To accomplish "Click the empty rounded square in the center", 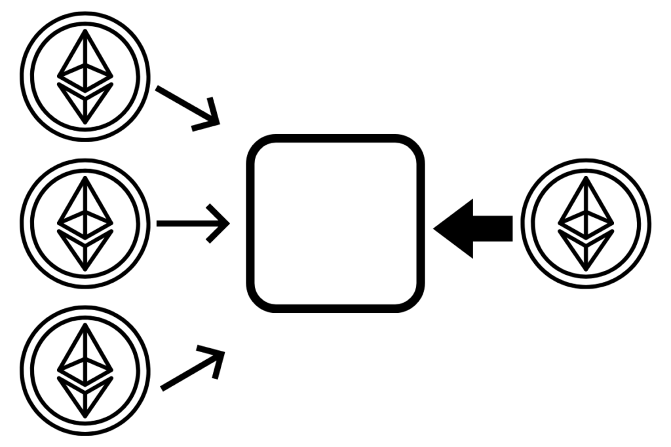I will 335,223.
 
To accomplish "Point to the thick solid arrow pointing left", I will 473,228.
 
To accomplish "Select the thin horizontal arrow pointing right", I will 193,224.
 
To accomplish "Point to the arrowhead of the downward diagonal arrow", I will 211,118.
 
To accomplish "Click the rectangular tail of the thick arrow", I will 497,228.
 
